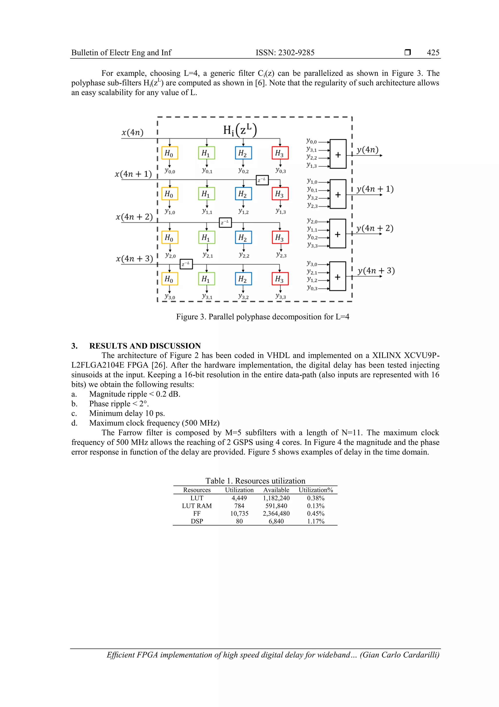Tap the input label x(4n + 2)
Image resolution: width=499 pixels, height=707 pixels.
(134, 217)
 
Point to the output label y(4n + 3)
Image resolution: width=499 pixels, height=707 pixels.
(376, 271)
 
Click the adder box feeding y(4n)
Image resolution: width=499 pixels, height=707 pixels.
(338, 154)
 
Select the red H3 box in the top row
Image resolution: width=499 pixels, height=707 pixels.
(280, 153)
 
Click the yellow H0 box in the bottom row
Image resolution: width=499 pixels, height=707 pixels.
(169, 279)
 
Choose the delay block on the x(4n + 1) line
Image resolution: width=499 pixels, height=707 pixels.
(262, 180)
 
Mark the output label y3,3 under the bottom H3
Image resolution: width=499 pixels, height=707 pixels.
(280, 297)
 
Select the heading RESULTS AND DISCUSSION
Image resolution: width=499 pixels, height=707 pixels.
(145, 346)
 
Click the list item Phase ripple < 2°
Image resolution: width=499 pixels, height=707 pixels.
(119, 404)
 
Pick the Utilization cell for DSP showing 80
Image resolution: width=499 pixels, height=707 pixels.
(239, 521)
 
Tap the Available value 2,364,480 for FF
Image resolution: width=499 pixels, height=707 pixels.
(276, 514)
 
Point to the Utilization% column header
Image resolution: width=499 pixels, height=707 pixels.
(316, 490)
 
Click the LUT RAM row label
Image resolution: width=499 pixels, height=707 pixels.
(197, 506)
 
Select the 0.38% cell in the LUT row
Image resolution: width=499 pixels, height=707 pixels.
(316, 498)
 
